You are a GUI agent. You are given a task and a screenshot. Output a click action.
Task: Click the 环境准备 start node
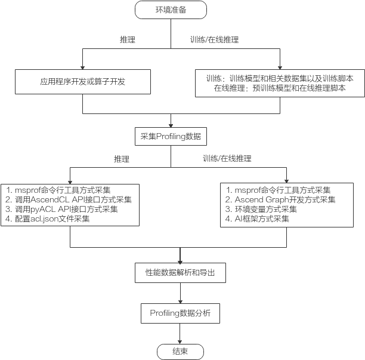tap(171, 10)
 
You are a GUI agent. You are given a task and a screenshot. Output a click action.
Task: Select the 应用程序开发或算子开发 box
tap(82, 81)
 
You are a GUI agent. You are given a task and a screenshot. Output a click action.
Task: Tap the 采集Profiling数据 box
tap(171, 137)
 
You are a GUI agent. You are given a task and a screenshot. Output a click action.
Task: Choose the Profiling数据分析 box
tap(180, 312)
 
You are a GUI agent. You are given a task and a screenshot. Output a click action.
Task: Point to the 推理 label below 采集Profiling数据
tap(122, 159)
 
